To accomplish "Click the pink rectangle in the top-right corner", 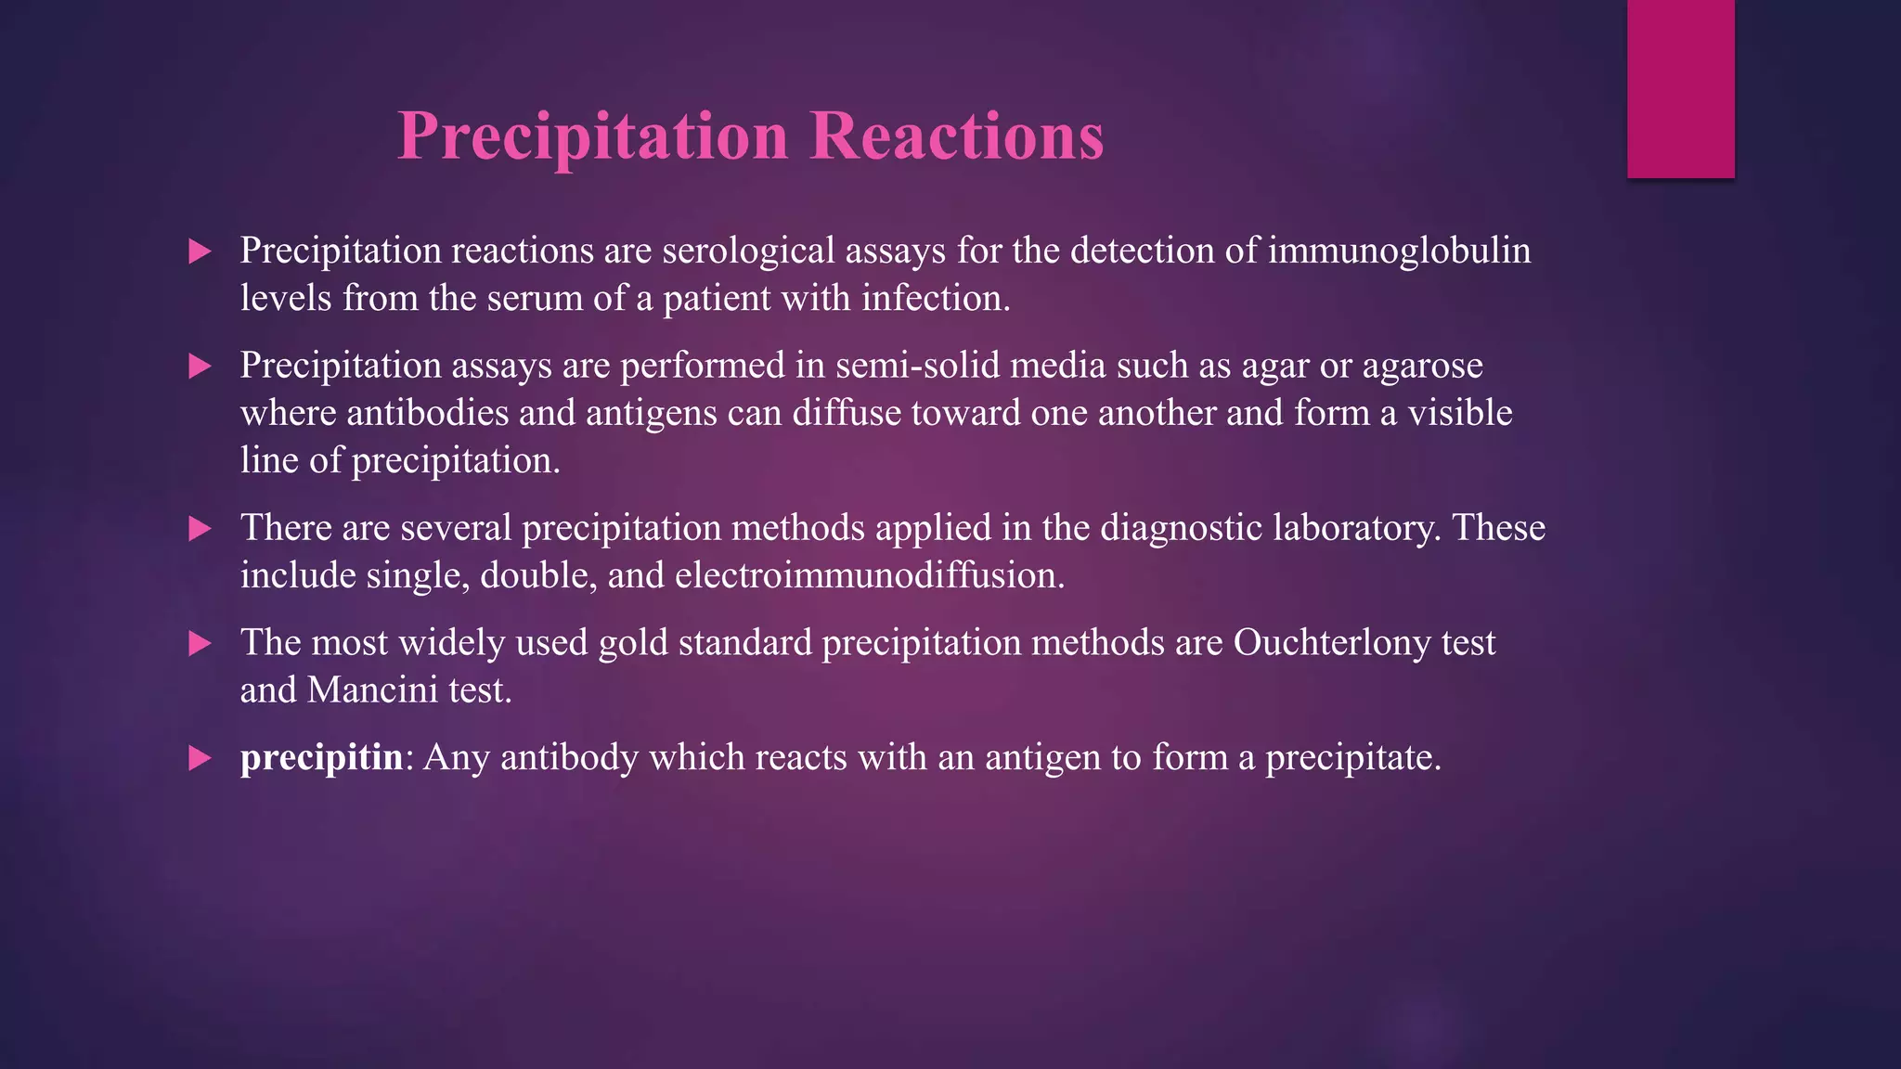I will click(1680, 89).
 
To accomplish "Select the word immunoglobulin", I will click(1399, 251).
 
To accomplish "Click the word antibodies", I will click(428, 413).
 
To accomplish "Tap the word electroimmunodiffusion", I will click(869, 576).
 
